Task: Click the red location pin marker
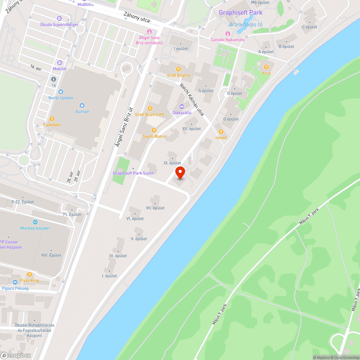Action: (x=180, y=173)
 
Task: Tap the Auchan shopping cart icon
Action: (x=82, y=105)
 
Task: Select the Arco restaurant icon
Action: (x=266, y=67)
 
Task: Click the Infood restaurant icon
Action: (x=221, y=132)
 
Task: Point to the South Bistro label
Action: (x=154, y=136)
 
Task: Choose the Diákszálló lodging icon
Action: (x=181, y=107)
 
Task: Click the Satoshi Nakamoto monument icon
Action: (x=228, y=34)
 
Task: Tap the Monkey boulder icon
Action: (x=35, y=222)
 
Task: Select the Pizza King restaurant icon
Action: (x=30, y=274)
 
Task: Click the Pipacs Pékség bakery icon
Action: (x=15, y=282)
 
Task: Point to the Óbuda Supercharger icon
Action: (x=59, y=18)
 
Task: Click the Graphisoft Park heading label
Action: (x=240, y=13)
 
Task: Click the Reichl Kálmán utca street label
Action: (x=192, y=100)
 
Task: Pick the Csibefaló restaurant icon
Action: (x=52, y=119)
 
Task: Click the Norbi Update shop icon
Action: (x=60, y=92)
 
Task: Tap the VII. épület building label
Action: (x=155, y=208)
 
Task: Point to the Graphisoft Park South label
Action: (x=133, y=173)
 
